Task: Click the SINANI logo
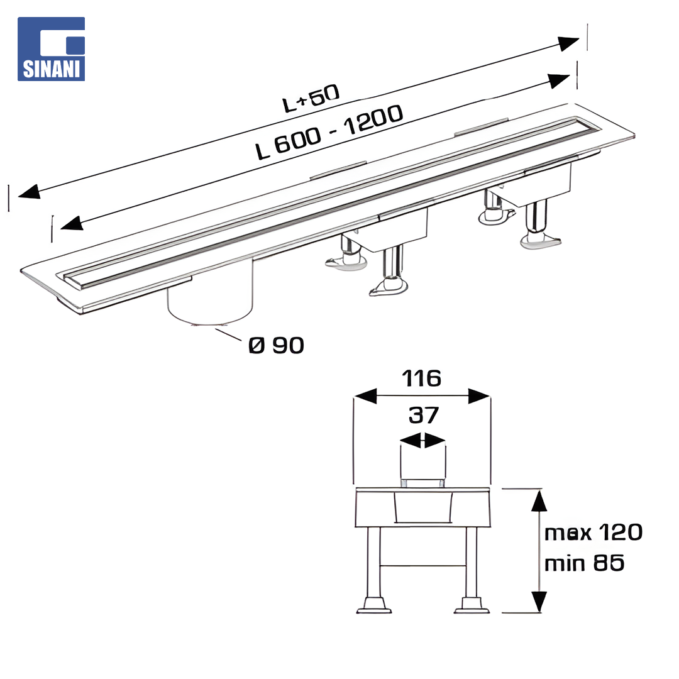point(51,49)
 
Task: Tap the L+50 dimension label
point(311,99)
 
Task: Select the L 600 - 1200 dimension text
point(329,132)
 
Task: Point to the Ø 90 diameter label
point(276,346)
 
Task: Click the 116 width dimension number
point(421,378)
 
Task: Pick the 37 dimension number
point(424,416)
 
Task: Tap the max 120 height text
point(593,533)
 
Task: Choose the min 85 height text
point(584,563)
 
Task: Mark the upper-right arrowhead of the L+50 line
point(568,43)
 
